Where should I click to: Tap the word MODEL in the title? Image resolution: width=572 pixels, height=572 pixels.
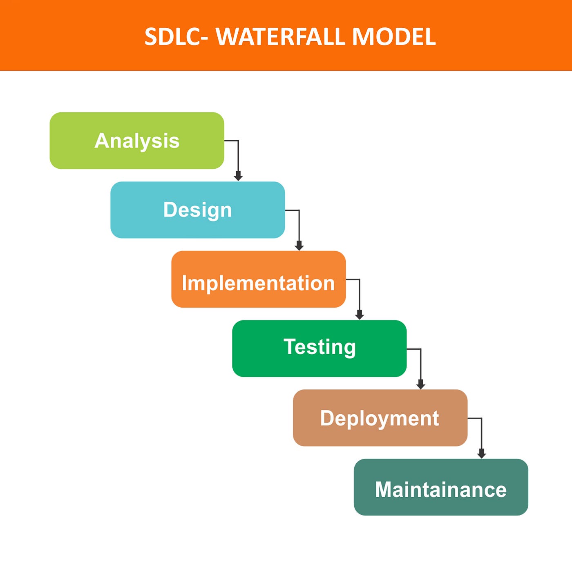click(x=394, y=37)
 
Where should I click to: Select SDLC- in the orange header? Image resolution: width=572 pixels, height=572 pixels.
click(x=176, y=37)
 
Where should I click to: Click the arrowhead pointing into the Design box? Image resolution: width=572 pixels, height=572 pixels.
click(x=238, y=177)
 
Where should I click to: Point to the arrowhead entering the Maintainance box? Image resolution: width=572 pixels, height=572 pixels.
click(x=481, y=454)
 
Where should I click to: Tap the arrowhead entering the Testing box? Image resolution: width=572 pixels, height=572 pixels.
click(x=360, y=315)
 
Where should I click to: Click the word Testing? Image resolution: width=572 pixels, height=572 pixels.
click(x=320, y=347)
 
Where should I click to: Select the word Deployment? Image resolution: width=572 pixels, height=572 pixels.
click(x=380, y=418)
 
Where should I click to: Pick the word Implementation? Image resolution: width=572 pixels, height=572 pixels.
click(x=258, y=283)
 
